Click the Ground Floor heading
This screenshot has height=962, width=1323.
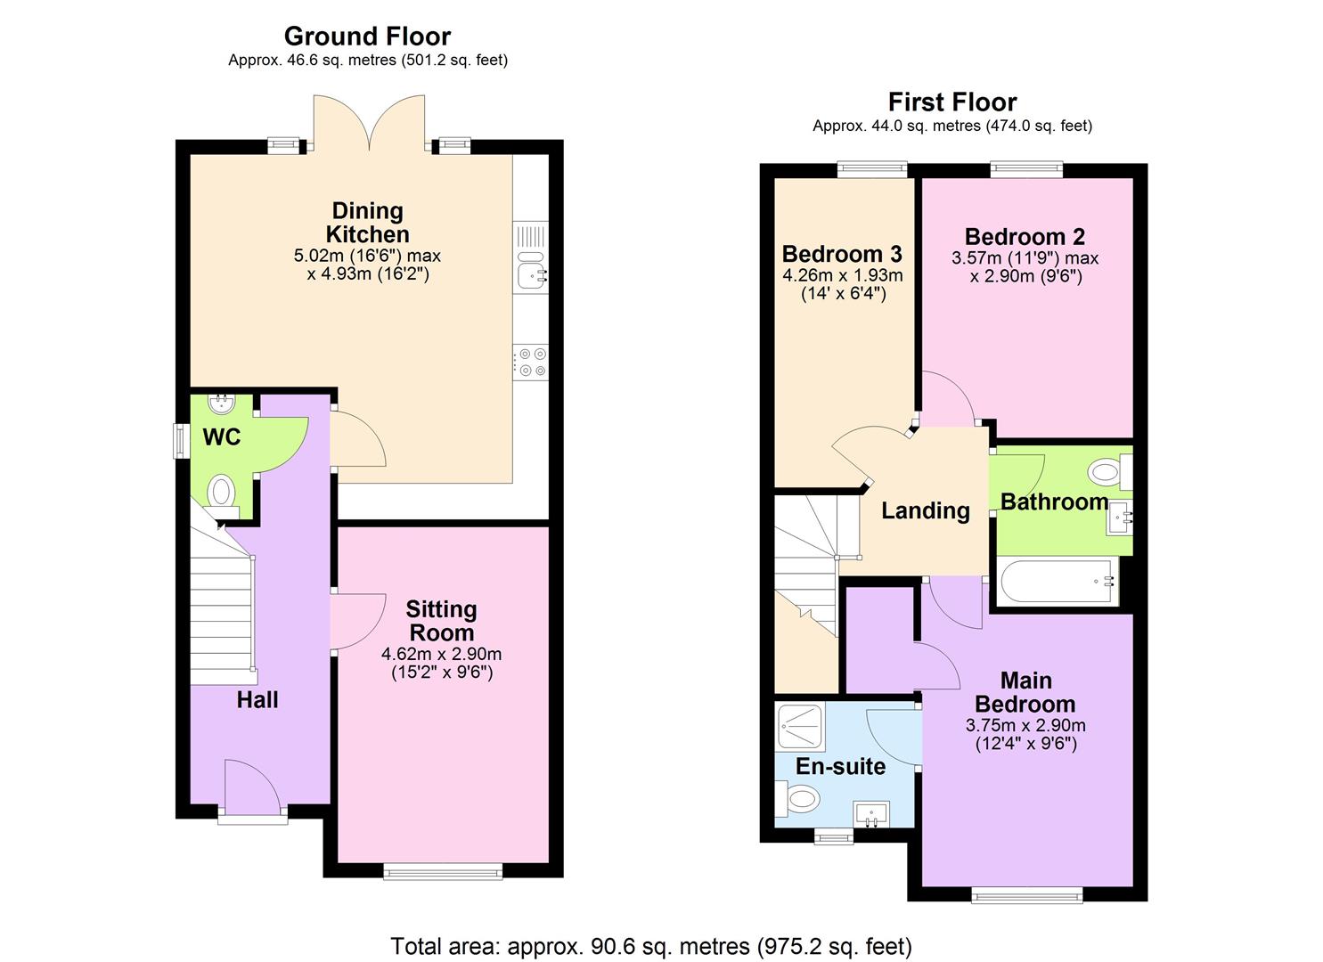(x=367, y=37)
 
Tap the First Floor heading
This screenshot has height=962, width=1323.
(x=951, y=102)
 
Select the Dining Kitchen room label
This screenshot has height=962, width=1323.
(x=367, y=223)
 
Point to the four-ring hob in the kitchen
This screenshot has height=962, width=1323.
(x=533, y=363)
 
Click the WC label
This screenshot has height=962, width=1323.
(x=222, y=437)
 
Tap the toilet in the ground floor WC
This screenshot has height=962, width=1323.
(x=221, y=493)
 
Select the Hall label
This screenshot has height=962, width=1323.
(x=257, y=700)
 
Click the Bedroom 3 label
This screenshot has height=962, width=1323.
(x=842, y=255)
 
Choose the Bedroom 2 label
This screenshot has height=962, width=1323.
(x=1025, y=237)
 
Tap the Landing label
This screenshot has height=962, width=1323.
(x=925, y=511)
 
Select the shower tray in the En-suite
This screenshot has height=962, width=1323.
(x=801, y=726)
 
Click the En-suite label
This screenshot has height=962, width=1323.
(x=840, y=767)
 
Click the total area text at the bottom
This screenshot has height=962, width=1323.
(x=651, y=946)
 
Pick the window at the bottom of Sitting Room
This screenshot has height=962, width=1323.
(x=443, y=871)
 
